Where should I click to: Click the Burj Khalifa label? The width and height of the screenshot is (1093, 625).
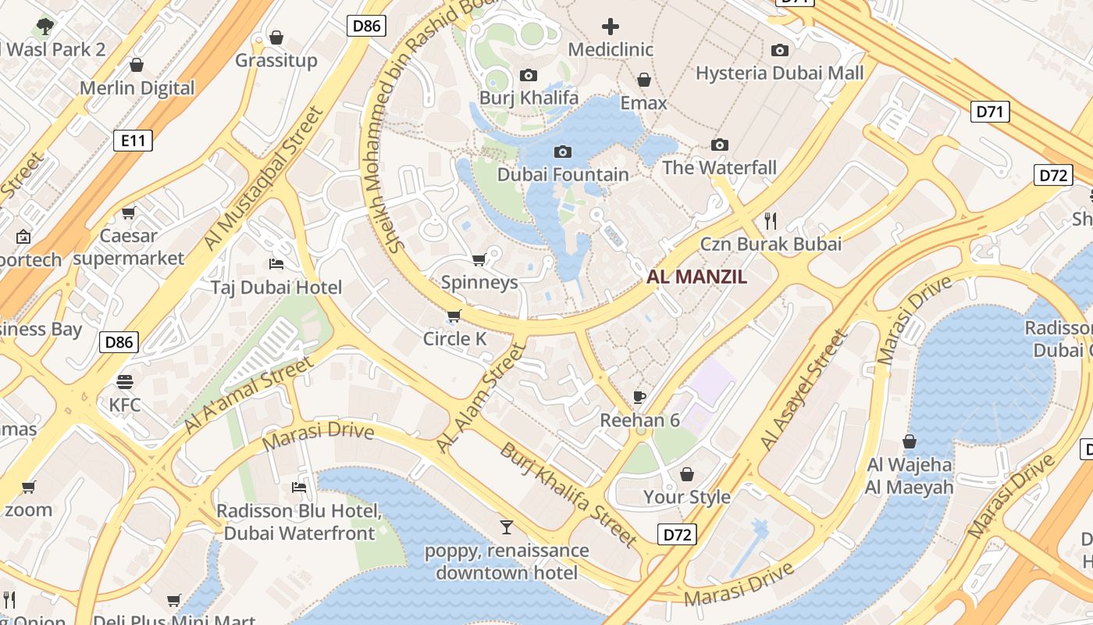(529, 98)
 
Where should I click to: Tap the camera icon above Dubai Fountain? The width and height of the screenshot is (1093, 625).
(562, 152)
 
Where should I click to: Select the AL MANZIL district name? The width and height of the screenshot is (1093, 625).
(696, 277)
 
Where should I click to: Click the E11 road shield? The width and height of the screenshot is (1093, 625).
(133, 141)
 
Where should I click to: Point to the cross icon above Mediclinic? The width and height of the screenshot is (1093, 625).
(610, 27)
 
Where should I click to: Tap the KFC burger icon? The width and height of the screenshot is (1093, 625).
(125, 382)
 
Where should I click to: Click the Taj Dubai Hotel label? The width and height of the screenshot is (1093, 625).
(276, 287)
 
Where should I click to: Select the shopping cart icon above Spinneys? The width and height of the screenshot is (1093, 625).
(479, 259)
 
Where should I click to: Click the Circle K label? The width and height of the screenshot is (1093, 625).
(454, 339)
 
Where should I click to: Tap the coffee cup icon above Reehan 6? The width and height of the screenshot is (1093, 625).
(639, 397)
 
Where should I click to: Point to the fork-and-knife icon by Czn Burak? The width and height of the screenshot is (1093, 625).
(771, 221)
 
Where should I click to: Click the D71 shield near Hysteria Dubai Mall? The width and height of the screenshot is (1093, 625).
(990, 112)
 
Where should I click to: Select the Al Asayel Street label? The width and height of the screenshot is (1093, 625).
(804, 391)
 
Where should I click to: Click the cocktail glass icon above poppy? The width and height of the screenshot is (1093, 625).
(507, 527)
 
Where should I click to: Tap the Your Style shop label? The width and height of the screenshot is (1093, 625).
(686, 497)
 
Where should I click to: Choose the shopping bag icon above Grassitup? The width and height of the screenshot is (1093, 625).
(276, 37)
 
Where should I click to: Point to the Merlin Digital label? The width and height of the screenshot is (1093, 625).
(137, 87)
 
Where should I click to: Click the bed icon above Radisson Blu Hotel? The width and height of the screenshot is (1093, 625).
(298, 487)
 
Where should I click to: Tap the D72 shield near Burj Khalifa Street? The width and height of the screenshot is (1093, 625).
(676, 535)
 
